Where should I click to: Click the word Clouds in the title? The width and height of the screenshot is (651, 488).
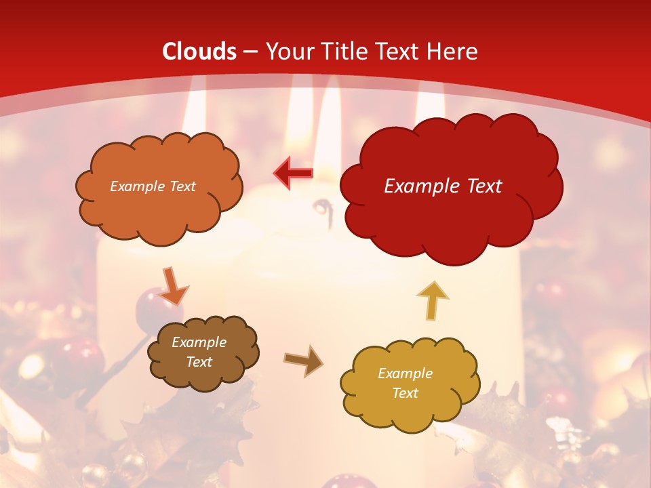[x=199, y=52]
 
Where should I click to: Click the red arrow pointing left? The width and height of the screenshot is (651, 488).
[x=294, y=173]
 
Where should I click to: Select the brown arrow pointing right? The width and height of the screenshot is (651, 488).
[x=303, y=360]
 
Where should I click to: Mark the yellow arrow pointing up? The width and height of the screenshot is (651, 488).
[x=433, y=300]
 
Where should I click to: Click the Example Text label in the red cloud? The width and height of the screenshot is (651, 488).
[x=443, y=186]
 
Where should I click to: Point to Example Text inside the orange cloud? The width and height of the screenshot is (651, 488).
[x=153, y=186]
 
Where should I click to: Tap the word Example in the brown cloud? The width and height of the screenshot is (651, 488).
[x=199, y=342]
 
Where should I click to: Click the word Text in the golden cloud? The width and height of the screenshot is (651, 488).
[x=405, y=393]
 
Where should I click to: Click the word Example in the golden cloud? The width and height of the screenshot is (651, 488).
[x=405, y=373]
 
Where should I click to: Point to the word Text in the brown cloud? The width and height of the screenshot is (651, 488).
[x=199, y=362]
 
